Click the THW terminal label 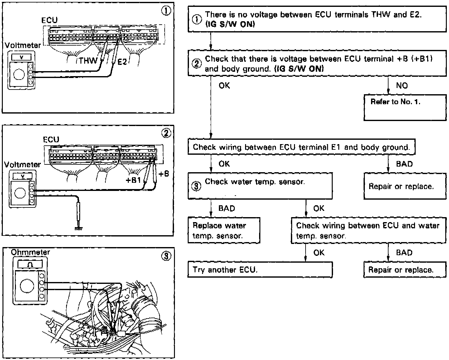(x=88, y=61)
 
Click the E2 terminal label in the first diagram (x=122, y=62)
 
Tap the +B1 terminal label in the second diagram (x=133, y=180)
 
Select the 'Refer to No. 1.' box (x=405, y=108)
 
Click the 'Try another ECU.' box (x=260, y=270)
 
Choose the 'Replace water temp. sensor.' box (x=224, y=231)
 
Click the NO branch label (x=402, y=85)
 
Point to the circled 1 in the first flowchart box (x=197, y=19)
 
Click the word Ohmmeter (x=30, y=252)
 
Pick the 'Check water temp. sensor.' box (x=260, y=186)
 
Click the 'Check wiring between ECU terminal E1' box (x=301, y=147)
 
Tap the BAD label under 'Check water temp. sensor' (x=227, y=208)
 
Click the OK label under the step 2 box (x=224, y=85)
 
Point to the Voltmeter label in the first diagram (x=22, y=45)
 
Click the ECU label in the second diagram (x=51, y=139)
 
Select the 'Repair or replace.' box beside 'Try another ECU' (x=405, y=270)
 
